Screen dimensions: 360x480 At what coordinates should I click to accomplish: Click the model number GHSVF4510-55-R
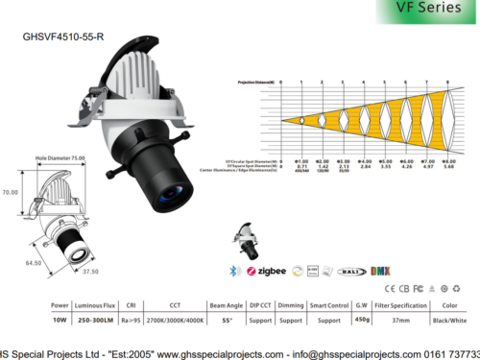pyautogui.click(x=63, y=40)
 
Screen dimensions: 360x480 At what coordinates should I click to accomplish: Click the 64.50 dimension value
pyautogui.click(x=33, y=262)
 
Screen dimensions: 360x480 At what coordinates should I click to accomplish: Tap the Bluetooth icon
pyautogui.click(x=235, y=272)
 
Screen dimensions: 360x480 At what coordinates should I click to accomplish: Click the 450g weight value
pyautogui.click(x=362, y=320)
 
